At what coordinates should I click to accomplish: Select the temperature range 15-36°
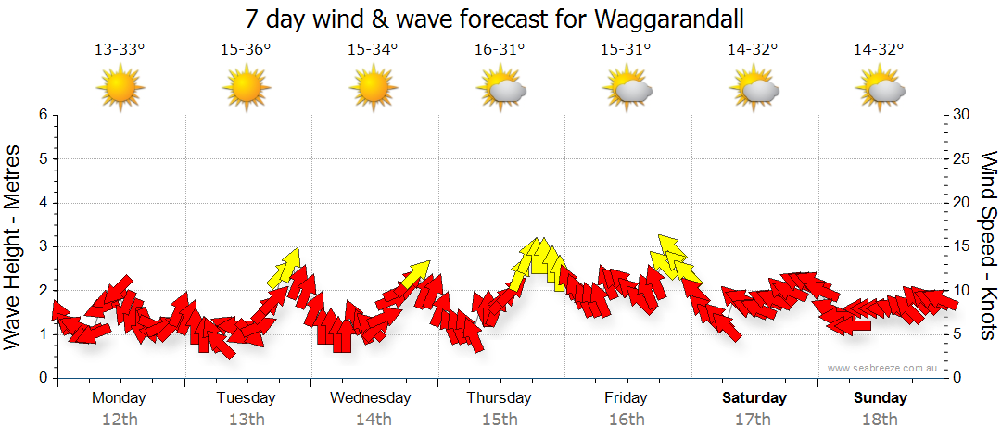click(246, 50)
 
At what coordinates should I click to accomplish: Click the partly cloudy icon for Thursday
click(500, 89)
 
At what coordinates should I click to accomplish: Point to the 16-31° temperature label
click(500, 50)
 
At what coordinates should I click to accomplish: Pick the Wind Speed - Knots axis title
click(988, 246)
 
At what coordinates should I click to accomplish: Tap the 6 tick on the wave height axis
click(43, 115)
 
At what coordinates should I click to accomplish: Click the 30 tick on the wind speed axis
click(962, 115)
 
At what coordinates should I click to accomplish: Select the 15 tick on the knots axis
click(962, 246)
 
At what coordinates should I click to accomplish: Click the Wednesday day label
click(371, 398)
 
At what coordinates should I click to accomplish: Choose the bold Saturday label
click(754, 398)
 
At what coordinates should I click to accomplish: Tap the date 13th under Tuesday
click(246, 419)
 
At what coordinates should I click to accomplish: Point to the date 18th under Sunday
click(881, 419)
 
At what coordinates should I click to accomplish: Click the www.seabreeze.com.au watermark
click(883, 368)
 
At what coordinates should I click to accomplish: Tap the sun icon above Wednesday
click(373, 89)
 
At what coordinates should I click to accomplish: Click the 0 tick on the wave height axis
click(43, 378)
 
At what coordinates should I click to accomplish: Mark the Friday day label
click(626, 398)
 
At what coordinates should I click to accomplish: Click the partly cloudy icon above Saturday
click(754, 89)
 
